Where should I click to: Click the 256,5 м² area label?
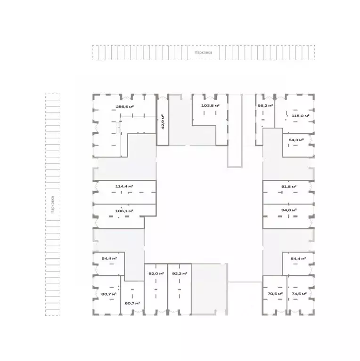[x=125, y=106]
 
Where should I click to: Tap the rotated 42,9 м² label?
[x=163, y=122]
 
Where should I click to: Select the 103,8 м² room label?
[x=210, y=105]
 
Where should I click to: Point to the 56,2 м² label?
[x=265, y=105]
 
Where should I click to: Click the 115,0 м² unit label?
[x=300, y=116]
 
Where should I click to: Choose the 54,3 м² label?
[x=296, y=140]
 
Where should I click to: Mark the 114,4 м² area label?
[x=124, y=186]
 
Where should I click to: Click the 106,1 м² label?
[x=124, y=211]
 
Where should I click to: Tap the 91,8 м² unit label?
[x=289, y=186]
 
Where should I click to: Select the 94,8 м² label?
[x=289, y=210]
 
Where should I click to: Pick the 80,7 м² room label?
[x=109, y=294]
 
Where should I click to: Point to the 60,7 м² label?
[x=132, y=303]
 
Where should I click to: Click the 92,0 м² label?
[x=156, y=273]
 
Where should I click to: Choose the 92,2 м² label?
[x=180, y=273]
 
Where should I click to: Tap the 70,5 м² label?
[x=275, y=294]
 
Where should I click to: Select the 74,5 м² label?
[x=299, y=294]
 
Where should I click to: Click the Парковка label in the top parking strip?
[x=203, y=53]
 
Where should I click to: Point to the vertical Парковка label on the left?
[x=53, y=205]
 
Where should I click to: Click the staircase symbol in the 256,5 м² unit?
[x=118, y=128]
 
